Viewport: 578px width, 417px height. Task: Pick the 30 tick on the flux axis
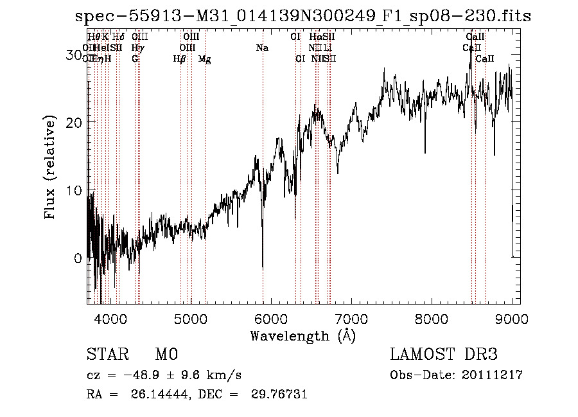[74, 55]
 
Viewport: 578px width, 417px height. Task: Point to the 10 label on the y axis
[74, 191]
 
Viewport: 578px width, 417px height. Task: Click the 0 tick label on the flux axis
[78, 259]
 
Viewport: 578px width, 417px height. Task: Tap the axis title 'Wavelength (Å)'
[302, 335]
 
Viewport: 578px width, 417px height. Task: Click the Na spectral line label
[262, 48]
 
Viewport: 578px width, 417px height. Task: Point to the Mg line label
[205, 59]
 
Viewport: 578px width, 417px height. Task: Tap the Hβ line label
[180, 59]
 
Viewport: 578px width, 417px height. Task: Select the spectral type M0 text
[166, 355]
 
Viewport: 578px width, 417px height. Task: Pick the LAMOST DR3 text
[443, 355]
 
